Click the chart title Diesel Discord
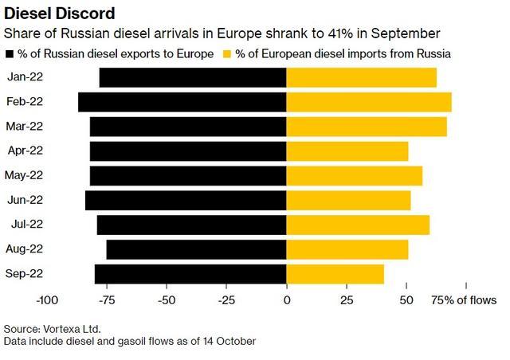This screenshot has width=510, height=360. tap(60, 14)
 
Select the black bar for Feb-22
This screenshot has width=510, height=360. tap(182, 102)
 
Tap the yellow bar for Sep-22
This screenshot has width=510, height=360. tap(335, 274)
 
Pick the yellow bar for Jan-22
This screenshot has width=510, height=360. tap(361, 77)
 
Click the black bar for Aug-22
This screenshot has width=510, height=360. tap(197, 249)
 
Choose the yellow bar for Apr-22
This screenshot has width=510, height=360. tap(347, 151)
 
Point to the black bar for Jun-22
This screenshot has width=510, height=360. tap(186, 201)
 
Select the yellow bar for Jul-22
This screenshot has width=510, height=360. tap(358, 225)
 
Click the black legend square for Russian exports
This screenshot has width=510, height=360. tap(10, 54)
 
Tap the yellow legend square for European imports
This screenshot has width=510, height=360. tap(227, 54)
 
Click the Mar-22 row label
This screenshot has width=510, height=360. tap(25, 126)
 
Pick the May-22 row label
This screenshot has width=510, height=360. tap(24, 175)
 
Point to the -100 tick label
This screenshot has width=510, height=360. tap(47, 300)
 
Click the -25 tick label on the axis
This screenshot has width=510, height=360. tap(226, 300)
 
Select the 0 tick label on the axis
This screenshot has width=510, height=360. tap(287, 300)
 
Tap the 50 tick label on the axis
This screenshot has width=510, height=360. tap(406, 300)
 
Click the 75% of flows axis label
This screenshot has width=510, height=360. tap(464, 300)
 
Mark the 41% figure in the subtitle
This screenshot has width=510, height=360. tap(340, 33)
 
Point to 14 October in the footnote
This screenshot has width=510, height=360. tap(229, 341)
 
